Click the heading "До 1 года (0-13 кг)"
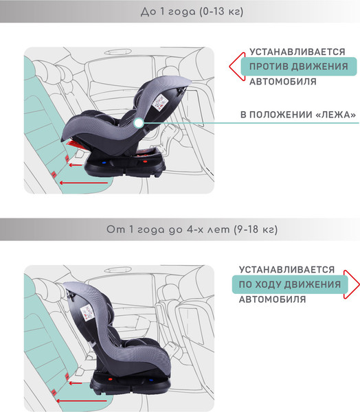(x=180, y=12)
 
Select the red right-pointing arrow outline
(x=352, y=284)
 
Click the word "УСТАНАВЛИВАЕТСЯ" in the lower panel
(x=287, y=270)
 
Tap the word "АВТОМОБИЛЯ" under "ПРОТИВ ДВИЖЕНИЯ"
(x=282, y=82)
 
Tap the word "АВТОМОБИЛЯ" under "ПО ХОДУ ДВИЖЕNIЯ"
(x=273, y=299)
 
